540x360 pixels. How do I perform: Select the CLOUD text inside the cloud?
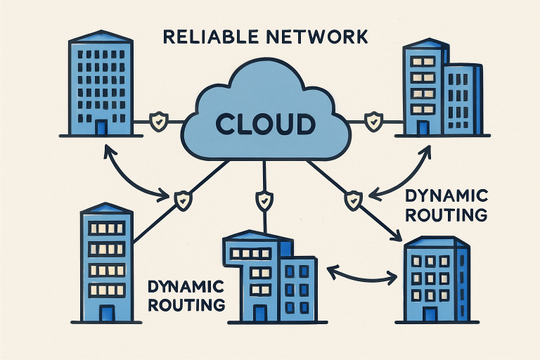(265, 124)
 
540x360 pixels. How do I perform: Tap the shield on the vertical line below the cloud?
(264, 200)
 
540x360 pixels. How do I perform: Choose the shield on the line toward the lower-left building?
(183, 200)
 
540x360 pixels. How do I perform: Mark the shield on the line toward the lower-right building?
(351, 200)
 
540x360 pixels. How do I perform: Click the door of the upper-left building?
(101, 127)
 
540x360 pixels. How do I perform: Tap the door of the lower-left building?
(106, 313)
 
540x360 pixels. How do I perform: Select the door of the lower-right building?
(430, 311)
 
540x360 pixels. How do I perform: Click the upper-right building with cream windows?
(439, 89)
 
